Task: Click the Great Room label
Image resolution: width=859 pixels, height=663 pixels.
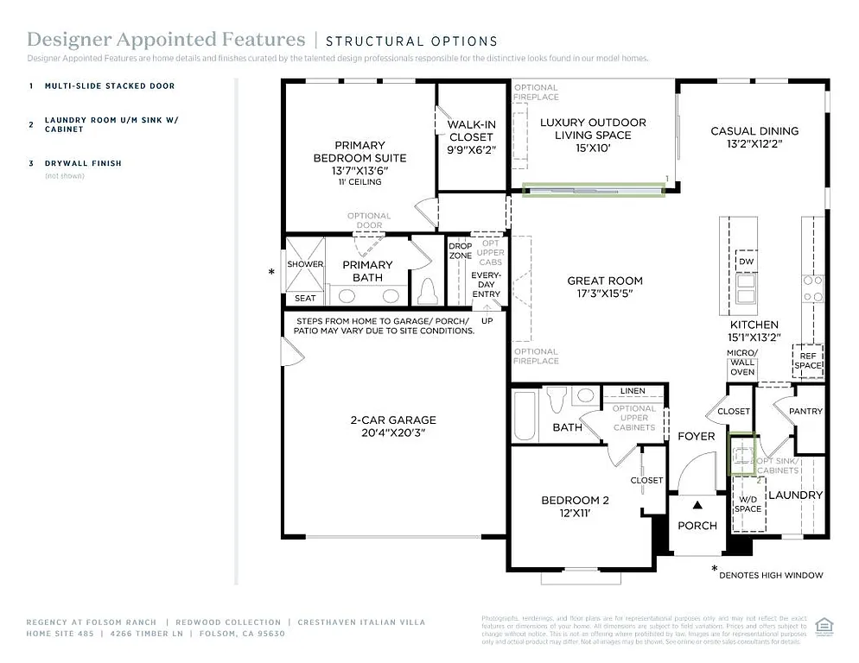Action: point(604,281)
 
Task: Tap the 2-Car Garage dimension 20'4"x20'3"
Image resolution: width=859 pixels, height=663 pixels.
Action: point(392,433)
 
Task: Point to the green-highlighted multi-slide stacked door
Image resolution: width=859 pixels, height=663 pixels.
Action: point(593,188)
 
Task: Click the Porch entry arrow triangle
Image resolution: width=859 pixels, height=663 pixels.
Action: point(697,504)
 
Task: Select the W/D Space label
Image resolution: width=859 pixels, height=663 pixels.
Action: point(748,503)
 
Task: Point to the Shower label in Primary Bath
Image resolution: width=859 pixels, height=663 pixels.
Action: point(305,264)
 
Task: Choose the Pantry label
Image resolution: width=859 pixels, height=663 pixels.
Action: point(805,412)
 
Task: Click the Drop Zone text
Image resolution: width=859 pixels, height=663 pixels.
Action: point(460,251)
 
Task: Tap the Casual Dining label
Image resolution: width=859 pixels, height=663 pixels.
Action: point(754,131)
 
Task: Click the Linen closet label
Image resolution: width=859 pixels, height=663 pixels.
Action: point(632,391)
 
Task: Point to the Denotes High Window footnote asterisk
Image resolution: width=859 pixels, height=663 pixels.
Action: point(715,569)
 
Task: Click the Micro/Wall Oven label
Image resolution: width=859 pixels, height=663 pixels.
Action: point(742,363)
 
